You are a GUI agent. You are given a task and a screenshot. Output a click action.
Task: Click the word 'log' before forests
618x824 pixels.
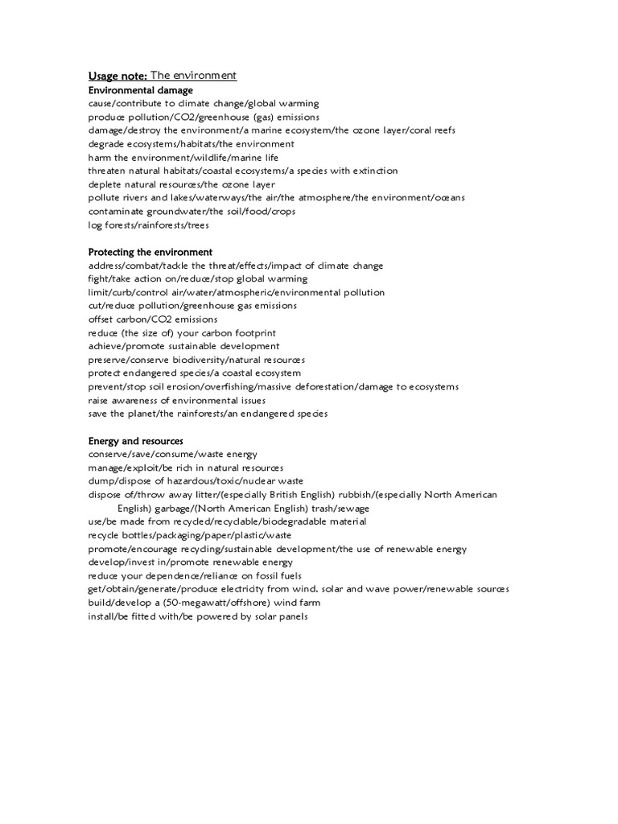coord(96,225)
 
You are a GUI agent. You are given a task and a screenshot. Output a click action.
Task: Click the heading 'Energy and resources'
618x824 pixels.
coord(135,441)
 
